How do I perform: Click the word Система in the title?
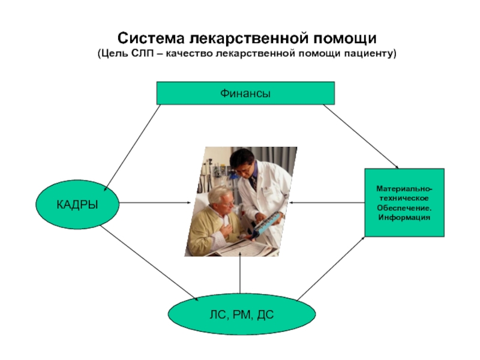(151, 38)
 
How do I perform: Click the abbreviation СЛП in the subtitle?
(142, 53)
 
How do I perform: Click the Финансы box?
(245, 93)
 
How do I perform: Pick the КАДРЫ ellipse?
(77, 204)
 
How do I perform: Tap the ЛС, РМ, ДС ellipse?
(242, 314)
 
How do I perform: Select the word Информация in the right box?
(404, 218)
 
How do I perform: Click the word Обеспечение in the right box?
(404, 208)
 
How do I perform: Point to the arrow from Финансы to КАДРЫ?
(132, 148)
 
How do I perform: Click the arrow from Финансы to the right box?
(361, 137)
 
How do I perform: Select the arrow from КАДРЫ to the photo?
(155, 203)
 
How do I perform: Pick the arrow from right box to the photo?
(327, 203)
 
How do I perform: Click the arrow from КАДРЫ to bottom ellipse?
(149, 263)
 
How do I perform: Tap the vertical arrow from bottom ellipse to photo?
(240, 273)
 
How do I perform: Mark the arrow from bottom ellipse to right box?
(331, 268)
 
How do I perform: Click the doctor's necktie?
(254, 184)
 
